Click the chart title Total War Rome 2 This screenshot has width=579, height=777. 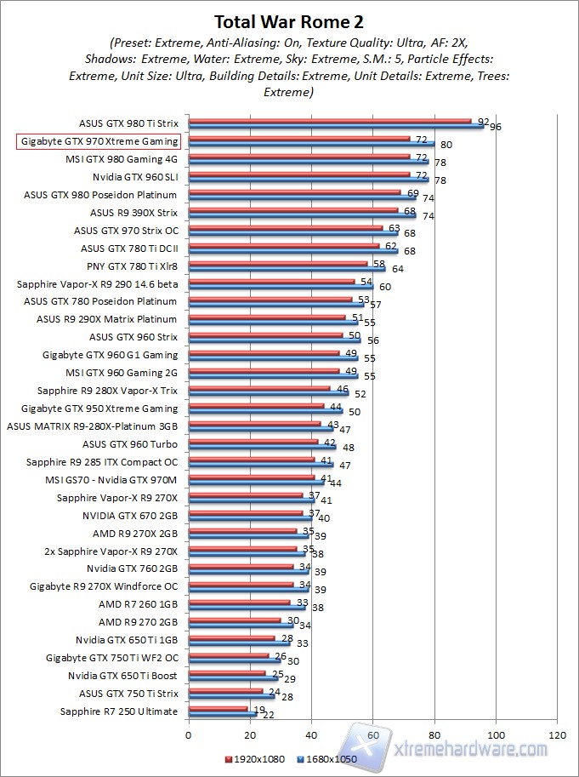coord(290,21)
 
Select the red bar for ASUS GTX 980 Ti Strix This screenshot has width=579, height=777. coord(329,122)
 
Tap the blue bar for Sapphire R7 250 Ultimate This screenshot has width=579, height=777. coord(222,714)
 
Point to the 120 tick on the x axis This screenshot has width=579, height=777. coord(558,733)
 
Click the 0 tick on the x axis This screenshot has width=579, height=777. coord(188,733)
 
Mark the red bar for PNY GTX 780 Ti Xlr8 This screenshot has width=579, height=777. coord(277,264)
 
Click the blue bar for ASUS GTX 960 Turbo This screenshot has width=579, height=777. coord(262,447)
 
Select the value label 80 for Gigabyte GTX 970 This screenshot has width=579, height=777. coord(446,146)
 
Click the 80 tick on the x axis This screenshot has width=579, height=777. coord(434,733)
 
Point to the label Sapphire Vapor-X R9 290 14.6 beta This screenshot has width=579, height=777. coord(97,283)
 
